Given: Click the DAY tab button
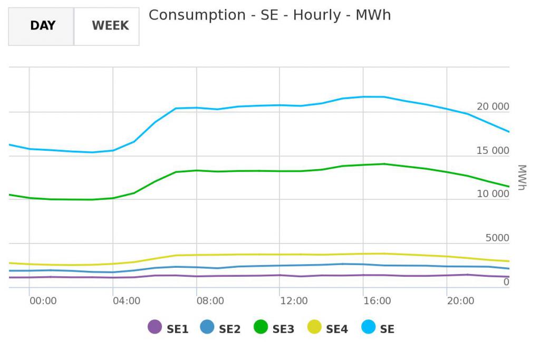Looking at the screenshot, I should (42, 26).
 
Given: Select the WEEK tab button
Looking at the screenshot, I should (110, 26).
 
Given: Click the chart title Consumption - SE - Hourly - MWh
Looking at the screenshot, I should (269, 15).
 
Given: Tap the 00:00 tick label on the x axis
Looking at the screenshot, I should (43, 301).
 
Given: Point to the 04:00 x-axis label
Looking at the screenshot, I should (126, 301).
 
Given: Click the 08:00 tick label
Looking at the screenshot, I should (210, 301).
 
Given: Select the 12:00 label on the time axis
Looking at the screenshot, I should (294, 301).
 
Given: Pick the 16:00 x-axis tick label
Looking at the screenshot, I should (377, 301).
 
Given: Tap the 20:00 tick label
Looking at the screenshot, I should (460, 301).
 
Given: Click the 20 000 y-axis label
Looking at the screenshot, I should (493, 107).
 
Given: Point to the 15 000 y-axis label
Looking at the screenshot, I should (493, 151).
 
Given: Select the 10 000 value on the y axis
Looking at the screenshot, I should (493, 194).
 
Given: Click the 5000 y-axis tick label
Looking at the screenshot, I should (497, 238).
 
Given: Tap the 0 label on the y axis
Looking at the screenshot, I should (506, 282).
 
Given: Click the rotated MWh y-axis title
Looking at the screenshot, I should (522, 178).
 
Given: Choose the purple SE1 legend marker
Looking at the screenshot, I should (155, 327).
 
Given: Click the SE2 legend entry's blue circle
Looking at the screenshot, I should (207, 327).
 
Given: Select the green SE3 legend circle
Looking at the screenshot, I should (260, 327).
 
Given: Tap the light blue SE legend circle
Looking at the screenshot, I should (368, 327).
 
